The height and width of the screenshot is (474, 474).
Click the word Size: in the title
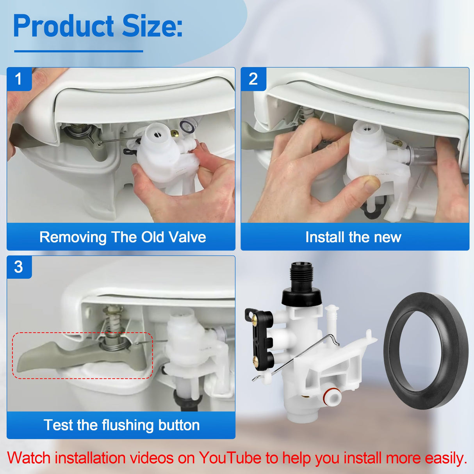click(x=152, y=27)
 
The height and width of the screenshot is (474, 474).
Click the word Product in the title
click(x=64, y=27)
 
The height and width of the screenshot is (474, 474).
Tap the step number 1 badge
click(x=18, y=79)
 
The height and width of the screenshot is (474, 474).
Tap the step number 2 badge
click(x=253, y=79)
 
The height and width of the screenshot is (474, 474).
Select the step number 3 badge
click(x=18, y=267)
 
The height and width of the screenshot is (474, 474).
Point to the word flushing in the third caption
click(x=123, y=425)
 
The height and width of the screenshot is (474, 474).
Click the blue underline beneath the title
click(x=78, y=51)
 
